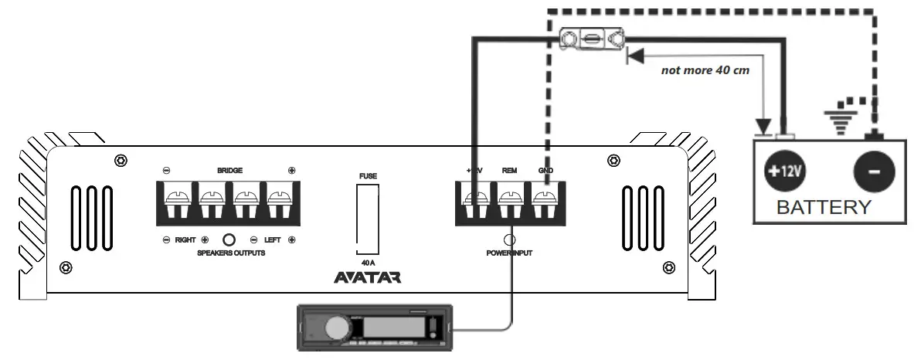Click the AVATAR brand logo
click(x=367, y=277)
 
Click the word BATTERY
click(x=824, y=208)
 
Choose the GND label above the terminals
click(x=545, y=170)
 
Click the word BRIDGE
click(x=229, y=170)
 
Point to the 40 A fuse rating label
click(x=368, y=262)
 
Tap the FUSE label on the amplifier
click(x=368, y=175)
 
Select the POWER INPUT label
click(x=509, y=253)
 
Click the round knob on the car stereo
click(x=337, y=328)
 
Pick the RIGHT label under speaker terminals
click(x=185, y=240)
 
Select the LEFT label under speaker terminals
click(x=271, y=240)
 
